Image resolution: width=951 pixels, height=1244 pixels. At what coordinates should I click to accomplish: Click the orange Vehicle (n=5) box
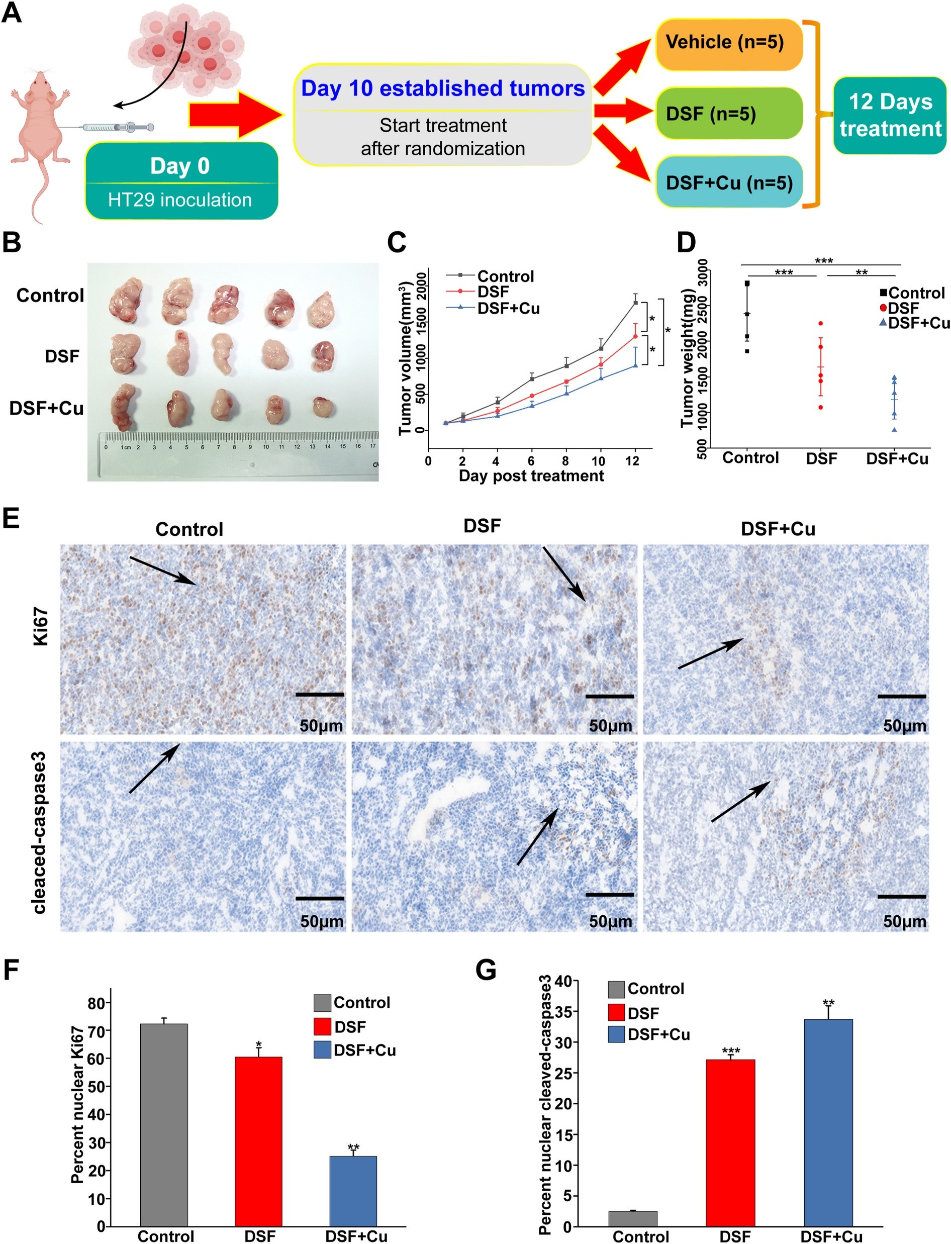coord(728,44)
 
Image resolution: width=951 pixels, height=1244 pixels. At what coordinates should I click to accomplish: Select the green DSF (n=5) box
coord(728,114)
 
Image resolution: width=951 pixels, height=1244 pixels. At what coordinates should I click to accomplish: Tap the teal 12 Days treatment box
coord(889,116)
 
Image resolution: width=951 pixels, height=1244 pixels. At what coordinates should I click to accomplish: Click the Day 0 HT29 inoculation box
coord(181,181)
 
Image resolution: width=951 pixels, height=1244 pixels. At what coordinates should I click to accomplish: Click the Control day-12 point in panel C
coord(635,303)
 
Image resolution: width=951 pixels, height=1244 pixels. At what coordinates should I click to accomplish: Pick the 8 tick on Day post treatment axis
coord(565,461)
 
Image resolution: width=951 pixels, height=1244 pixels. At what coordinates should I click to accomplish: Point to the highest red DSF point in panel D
coord(820,324)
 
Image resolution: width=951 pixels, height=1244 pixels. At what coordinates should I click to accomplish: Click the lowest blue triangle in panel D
coord(894,430)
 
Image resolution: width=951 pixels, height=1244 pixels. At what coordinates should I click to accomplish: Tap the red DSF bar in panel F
coord(258,1140)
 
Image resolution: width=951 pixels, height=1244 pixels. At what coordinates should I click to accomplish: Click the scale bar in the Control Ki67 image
coord(319,694)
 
